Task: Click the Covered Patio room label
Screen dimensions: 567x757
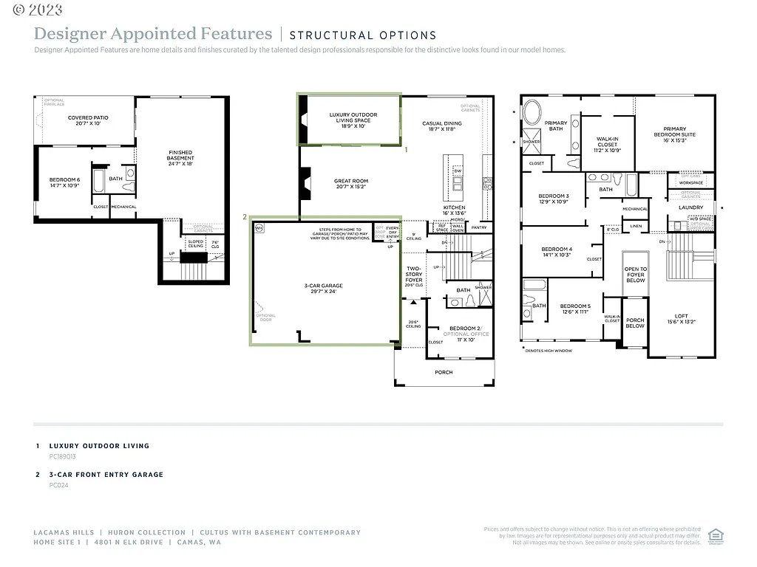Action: pyautogui.click(x=88, y=120)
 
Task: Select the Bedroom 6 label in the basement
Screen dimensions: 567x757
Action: pyautogui.click(x=64, y=182)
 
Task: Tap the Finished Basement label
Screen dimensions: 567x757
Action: pyautogui.click(x=180, y=158)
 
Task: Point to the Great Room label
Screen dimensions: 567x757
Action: pyautogui.click(x=350, y=184)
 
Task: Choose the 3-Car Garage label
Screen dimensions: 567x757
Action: pyautogui.click(x=323, y=288)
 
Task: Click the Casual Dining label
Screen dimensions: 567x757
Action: pyautogui.click(x=442, y=126)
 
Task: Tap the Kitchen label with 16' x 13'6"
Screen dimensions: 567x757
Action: pyautogui.click(x=454, y=210)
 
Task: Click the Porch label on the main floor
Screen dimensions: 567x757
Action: pyautogui.click(x=444, y=372)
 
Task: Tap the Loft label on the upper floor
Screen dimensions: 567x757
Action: pyautogui.click(x=681, y=319)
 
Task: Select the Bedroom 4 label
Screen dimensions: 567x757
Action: pyautogui.click(x=557, y=251)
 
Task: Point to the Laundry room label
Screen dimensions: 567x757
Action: pyautogui.click(x=690, y=207)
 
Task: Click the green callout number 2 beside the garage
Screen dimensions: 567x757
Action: pyautogui.click(x=244, y=217)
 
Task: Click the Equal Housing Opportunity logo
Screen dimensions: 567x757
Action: pyautogui.click(x=715, y=536)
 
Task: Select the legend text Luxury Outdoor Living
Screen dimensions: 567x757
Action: pyautogui.click(x=99, y=446)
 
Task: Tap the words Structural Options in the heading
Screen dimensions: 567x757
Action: pyautogui.click(x=362, y=35)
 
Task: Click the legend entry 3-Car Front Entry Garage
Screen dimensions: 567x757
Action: pyautogui.click(x=106, y=475)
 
